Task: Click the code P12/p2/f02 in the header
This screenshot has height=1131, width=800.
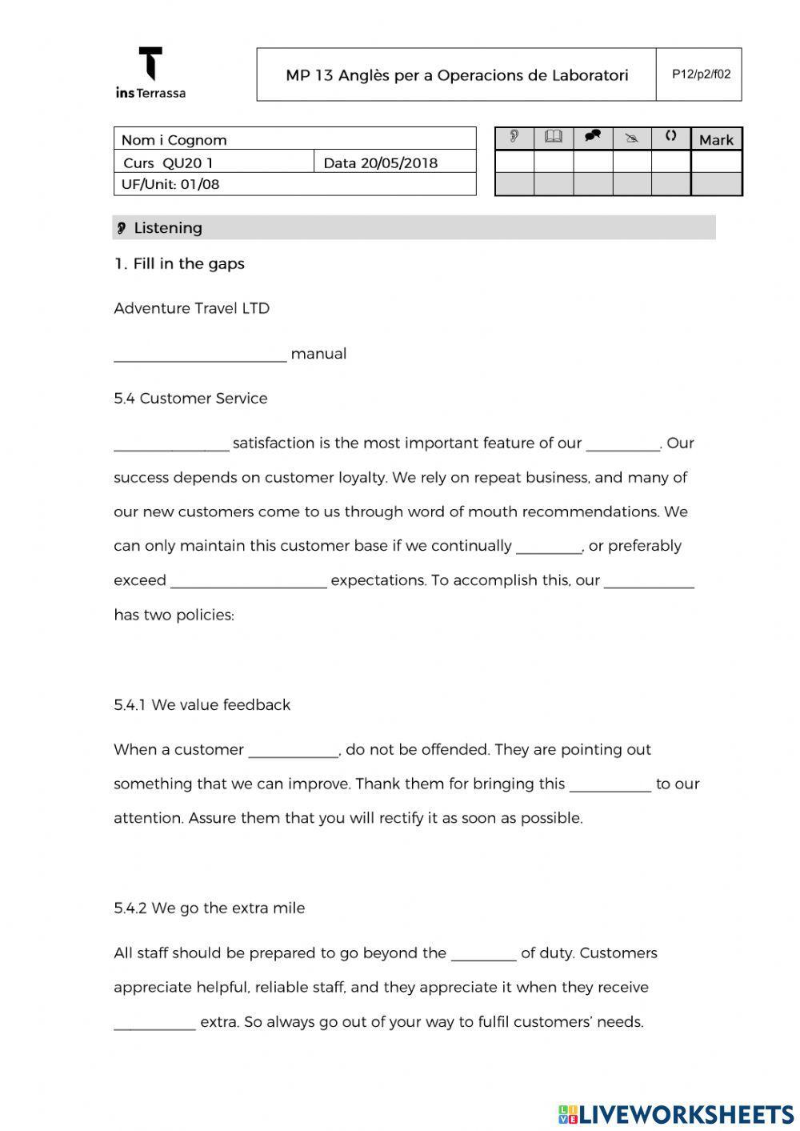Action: tap(701, 74)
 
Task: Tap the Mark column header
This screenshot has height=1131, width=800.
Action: tap(716, 140)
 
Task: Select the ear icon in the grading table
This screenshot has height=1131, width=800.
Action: tap(514, 138)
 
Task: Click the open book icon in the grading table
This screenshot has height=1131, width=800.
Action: tap(553, 138)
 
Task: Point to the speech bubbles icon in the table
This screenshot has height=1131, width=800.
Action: tap(593, 137)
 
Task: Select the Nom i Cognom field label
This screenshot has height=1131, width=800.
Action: tap(174, 140)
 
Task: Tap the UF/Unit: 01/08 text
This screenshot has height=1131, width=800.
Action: tap(170, 185)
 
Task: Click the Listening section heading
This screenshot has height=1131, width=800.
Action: tap(167, 228)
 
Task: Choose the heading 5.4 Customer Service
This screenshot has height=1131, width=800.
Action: tap(190, 399)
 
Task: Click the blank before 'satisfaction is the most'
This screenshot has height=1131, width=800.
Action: tap(171, 447)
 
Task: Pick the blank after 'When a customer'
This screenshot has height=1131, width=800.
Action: tap(294, 753)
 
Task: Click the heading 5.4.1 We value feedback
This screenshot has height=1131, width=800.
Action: tap(202, 705)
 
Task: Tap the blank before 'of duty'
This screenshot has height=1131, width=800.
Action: tap(483, 957)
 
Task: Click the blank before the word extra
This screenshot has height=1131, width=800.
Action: tap(154, 1025)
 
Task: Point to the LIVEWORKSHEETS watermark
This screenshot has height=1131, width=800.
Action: tap(676, 1114)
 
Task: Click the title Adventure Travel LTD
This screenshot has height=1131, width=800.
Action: tap(192, 309)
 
